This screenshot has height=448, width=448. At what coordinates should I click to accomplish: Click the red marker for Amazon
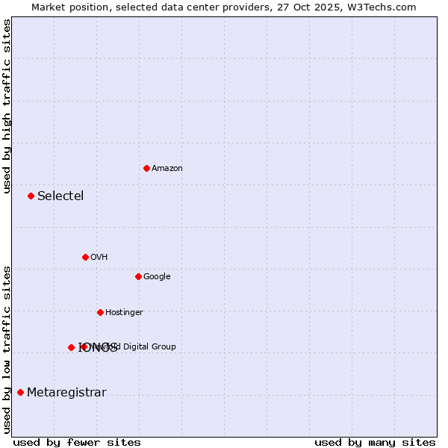click(146, 168)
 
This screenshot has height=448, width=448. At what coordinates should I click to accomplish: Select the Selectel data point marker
click(31, 196)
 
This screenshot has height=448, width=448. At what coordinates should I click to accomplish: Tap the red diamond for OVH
click(85, 257)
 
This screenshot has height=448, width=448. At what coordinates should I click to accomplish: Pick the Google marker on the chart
click(138, 276)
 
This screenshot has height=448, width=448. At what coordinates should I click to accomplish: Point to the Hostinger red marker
click(100, 312)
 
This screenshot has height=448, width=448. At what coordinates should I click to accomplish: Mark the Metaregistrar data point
click(20, 392)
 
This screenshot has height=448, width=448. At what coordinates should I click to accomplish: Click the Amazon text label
click(167, 168)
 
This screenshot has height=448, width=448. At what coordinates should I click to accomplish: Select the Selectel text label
click(60, 196)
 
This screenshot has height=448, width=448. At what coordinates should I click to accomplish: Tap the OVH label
click(99, 257)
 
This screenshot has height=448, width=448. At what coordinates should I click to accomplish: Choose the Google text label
click(157, 276)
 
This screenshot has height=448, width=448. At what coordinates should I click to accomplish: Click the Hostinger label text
click(124, 312)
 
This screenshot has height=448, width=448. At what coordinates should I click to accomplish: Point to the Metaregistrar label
click(66, 393)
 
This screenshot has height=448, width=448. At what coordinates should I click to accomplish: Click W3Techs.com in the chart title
click(383, 7)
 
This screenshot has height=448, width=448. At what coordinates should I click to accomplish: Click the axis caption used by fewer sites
click(77, 442)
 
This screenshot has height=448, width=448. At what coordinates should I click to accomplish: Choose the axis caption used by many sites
click(375, 442)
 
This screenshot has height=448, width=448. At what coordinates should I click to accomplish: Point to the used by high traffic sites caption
click(7, 106)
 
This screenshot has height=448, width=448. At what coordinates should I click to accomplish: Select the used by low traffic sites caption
click(7, 349)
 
